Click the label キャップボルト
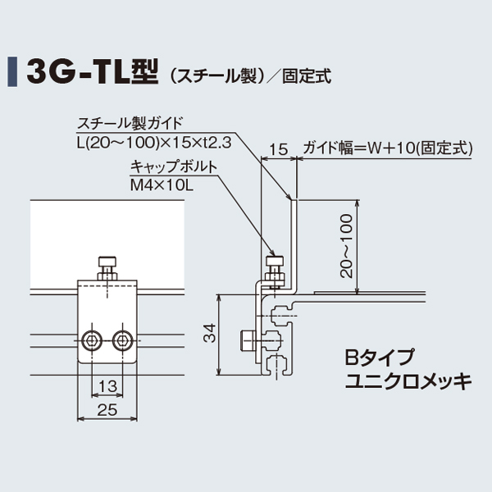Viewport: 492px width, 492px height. (173, 168)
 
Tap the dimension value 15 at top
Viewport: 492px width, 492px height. (278, 148)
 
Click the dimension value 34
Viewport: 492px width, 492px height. (210, 334)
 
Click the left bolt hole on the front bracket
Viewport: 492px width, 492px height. (93, 339)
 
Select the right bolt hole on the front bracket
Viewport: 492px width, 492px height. (123, 339)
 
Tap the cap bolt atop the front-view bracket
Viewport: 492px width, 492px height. (108, 266)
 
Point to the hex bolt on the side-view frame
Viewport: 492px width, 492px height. (248, 339)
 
